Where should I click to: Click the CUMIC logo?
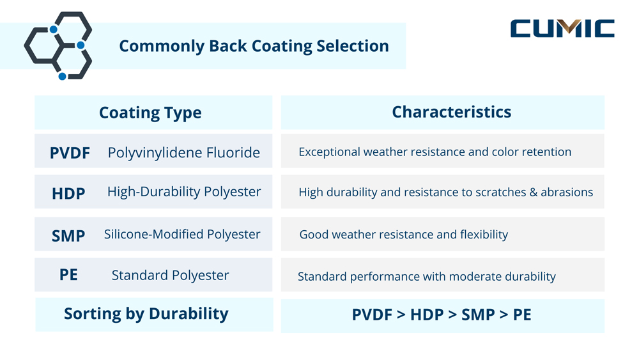562,29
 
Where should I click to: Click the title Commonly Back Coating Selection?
254,46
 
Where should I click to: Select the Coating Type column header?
150,113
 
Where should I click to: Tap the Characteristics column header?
451,112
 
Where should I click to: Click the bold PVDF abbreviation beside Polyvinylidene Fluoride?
70,153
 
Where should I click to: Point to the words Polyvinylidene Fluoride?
183,153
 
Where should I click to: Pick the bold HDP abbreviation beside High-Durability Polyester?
68,193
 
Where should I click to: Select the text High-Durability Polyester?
184,192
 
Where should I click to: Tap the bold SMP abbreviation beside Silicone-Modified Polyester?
68,236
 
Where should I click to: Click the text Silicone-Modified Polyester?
182,234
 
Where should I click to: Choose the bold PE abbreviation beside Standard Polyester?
68,275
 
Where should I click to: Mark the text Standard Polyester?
170,276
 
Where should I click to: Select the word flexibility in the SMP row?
484,235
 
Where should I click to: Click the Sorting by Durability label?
146,314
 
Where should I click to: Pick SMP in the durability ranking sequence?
477,315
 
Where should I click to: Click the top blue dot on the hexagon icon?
54,29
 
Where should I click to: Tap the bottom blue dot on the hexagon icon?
62,76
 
